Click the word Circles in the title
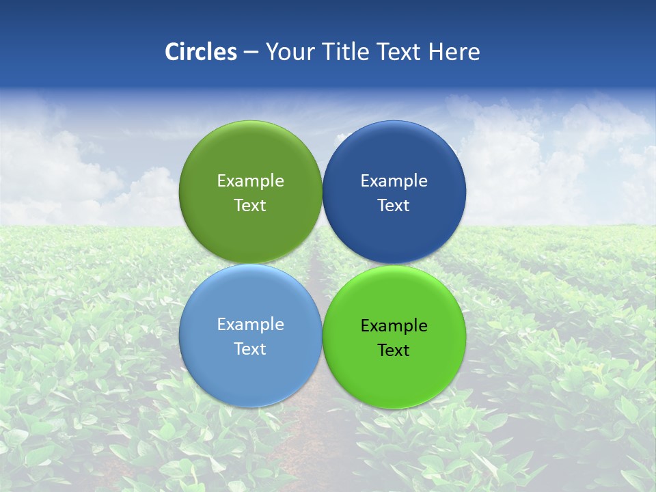(x=200, y=52)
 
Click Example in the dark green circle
(x=250, y=180)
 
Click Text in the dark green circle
(x=250, y=205)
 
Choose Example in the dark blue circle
(x=394, y=180)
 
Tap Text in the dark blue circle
(x=394, y=205)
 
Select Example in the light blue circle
(x=250, y=324)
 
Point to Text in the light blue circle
(x=250, y=348)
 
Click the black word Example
(x=394, y=325)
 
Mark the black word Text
(x=394, y=350)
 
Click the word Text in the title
(x=400, y=52)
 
